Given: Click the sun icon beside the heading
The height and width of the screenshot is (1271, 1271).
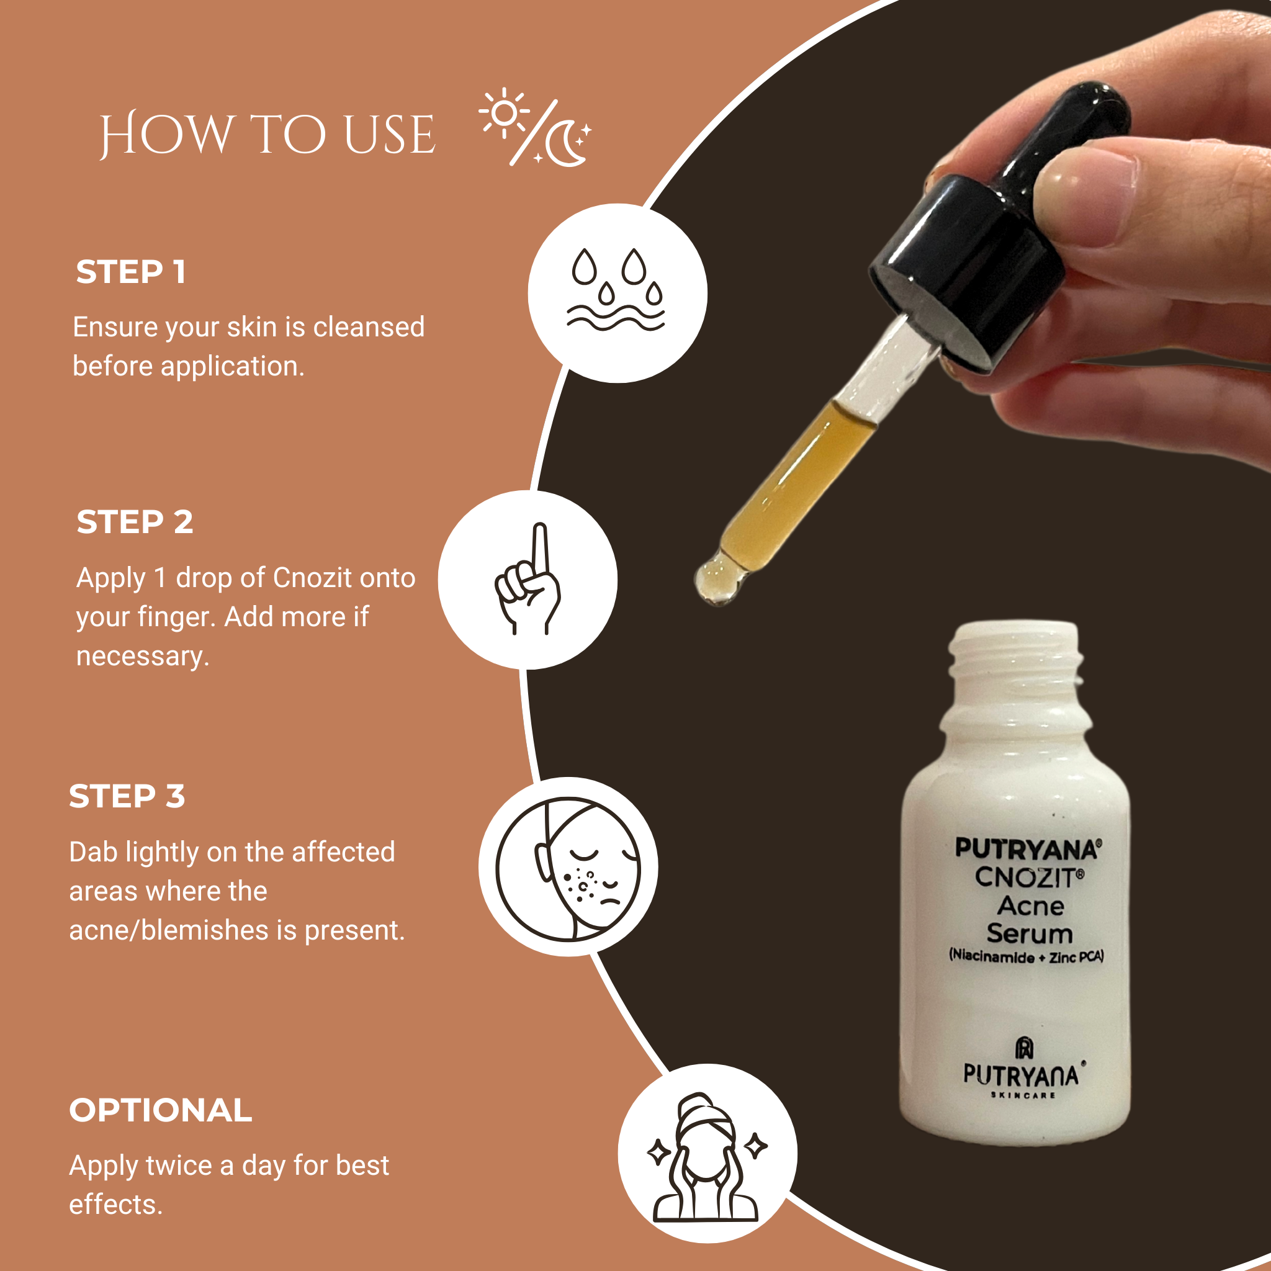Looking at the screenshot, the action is [505, 113].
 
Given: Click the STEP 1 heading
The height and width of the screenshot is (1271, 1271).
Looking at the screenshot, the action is [131, 272].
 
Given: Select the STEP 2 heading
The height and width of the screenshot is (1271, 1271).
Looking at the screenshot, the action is [135, 523].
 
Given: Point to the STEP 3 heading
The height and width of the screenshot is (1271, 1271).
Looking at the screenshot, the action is [127, 796].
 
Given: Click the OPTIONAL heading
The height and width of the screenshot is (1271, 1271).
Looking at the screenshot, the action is [161, 1110].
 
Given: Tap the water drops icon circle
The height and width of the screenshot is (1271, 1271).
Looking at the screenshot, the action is [617, 294].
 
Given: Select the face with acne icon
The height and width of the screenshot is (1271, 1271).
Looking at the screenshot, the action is [568, 866].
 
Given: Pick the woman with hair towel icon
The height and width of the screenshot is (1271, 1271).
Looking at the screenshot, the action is [706, 1159].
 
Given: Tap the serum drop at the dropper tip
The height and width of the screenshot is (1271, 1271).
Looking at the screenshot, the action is [717, 580].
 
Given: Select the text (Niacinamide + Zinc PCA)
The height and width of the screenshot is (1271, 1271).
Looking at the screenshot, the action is [1026, 956].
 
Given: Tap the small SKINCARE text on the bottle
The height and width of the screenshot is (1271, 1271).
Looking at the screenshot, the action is [1023, 1095].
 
